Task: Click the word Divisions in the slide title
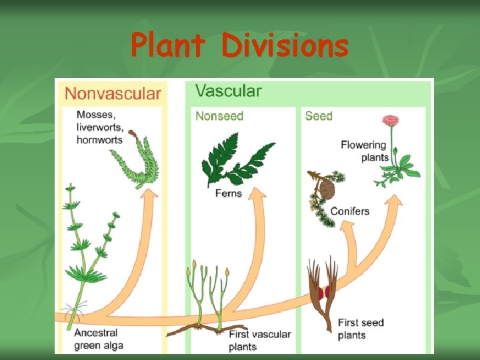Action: [x=285, y=46]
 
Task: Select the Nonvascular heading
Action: [x=113, y=94]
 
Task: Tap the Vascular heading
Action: [x=228, y=91]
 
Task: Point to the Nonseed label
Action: [x=219, y=116]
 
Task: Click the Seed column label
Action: [x=319, y=116]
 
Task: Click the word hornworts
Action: [x=99, y=139]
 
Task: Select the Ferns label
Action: [x=228, y=193]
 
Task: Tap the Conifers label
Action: [x=349, y=211]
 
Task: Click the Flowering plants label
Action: [x=364, y=151]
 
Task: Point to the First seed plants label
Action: [x=361, y=329]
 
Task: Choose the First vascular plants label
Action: [x=259, y=340]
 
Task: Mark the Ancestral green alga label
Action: [x=98, y=339]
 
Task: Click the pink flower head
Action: [x=390, y=121]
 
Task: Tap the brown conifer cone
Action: [x=327, y=189]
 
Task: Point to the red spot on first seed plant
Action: [x=325, y=293]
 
